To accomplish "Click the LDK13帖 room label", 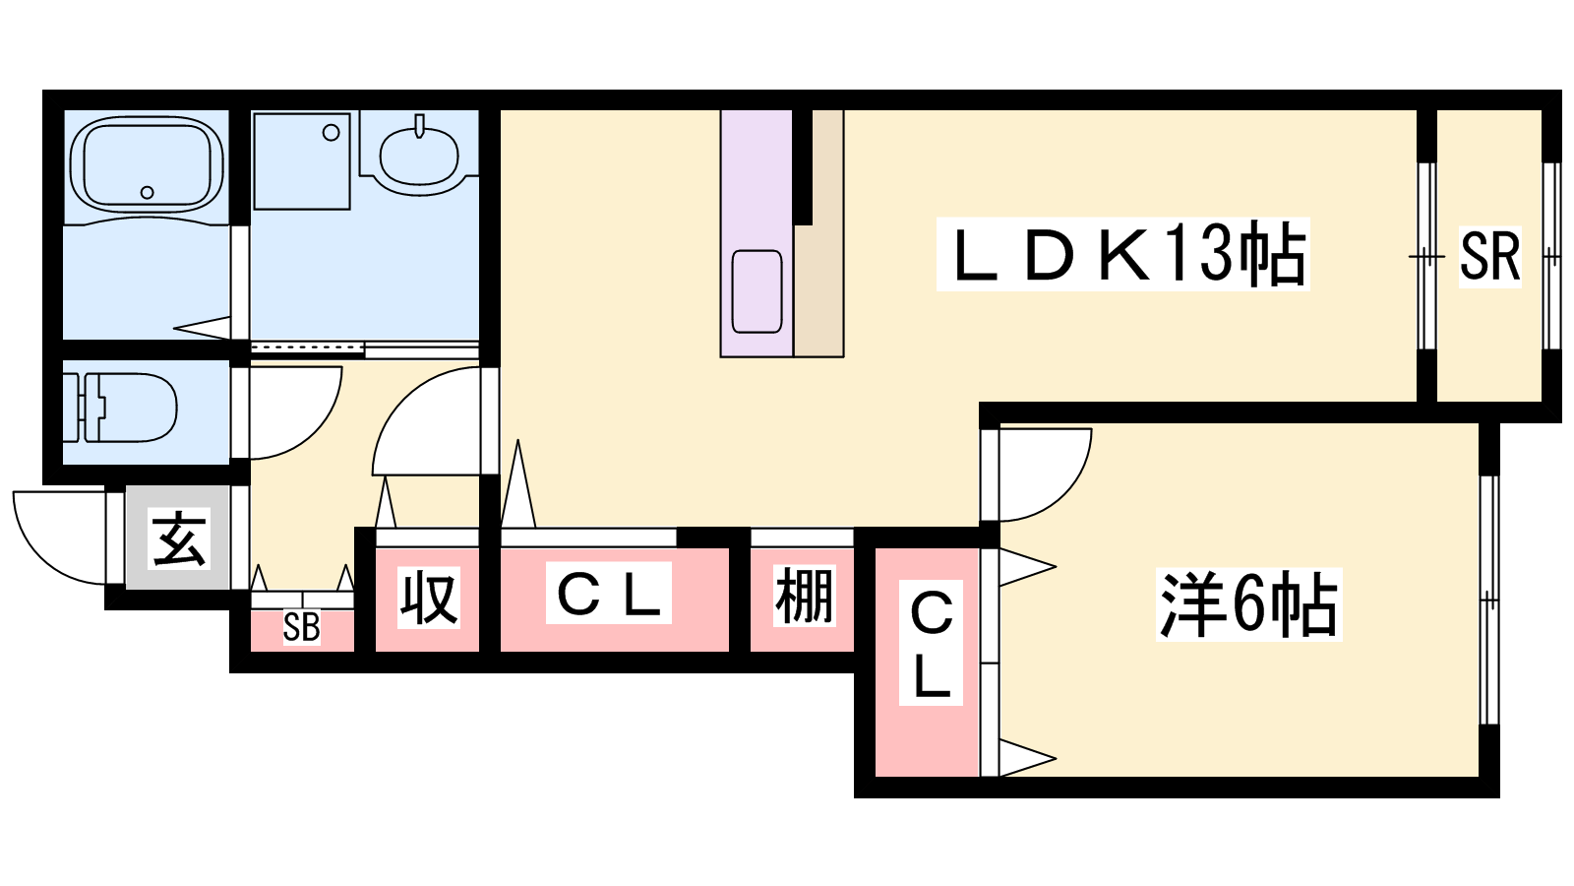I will pos(1122,255).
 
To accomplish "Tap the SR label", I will pos(1489,256).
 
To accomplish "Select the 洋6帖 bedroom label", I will pos(1248,603).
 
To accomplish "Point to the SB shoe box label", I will pos(301,628).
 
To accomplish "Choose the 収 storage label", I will pos(428,598).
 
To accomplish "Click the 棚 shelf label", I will pos(804,596).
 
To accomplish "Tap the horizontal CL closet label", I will pos(609,594).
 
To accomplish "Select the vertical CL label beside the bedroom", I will pos(931,645).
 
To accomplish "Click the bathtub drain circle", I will pos(148,193).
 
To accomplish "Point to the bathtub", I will pos(147,164).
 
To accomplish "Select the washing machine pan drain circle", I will pos(332,133).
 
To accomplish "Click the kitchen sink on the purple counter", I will pos(757,290).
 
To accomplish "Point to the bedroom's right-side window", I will pos(1488,600).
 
